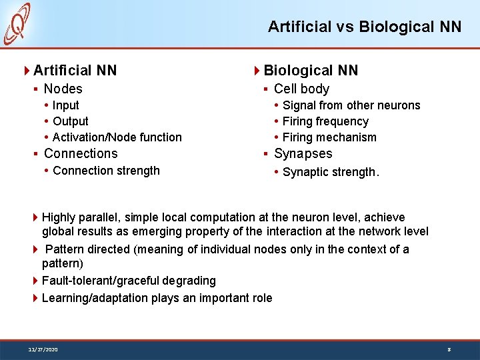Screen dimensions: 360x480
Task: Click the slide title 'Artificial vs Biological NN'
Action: click(x=364, y=27)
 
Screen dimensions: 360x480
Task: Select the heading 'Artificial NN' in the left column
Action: click(x=75, y=70)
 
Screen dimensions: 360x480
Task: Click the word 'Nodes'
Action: click(x=63, y=89)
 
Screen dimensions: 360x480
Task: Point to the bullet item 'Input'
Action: click(x=65, y=105)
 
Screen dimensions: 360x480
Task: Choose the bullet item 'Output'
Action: click(x=70, y=121)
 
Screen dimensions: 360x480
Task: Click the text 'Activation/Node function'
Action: click(x=117, y=137)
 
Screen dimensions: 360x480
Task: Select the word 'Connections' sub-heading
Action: click(x=81, y=153)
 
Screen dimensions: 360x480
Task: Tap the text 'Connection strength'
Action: click(x=106, y=171)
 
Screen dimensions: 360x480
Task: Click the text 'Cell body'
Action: click(x=301, y=89)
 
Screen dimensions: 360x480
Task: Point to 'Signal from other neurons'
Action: click(x=351, y=105)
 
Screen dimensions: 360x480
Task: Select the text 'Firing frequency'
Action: click(x=325, y=121)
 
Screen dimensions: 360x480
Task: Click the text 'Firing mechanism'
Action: click(x=329, y=137)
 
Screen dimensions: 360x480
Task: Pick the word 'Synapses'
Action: click(x=303, y=153)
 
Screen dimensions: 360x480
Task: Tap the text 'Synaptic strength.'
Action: click(x=331, y=172)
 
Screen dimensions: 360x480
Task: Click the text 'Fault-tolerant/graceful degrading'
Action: click(x=129, y=281)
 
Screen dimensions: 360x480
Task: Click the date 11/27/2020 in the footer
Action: click(x=43, y=349)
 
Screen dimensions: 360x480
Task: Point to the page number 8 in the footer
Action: click(x=449, y=349)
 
